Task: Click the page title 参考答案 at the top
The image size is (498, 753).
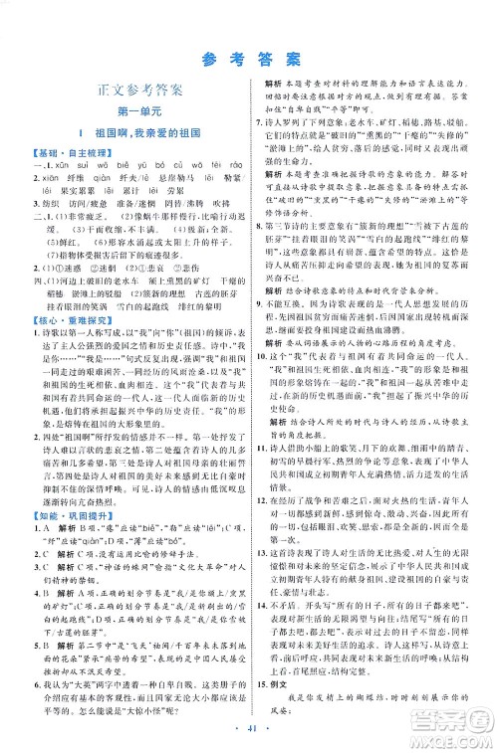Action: click(248, 56)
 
